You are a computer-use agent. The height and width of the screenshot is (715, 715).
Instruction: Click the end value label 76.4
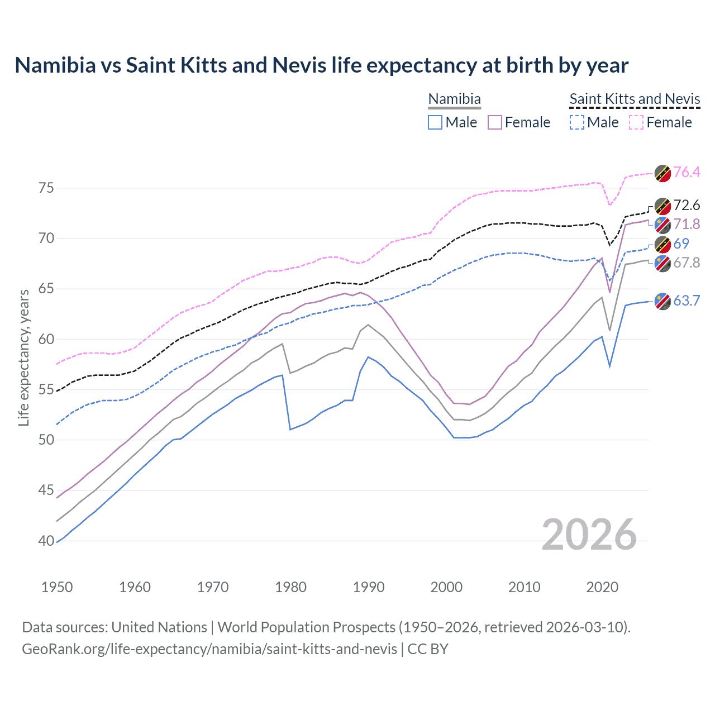coord(687,172)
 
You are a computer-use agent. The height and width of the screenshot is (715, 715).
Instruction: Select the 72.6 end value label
coord(687,205)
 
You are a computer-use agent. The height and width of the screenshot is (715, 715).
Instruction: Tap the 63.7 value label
coord(687,301)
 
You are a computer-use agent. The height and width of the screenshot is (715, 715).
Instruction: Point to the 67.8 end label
coord(687,263)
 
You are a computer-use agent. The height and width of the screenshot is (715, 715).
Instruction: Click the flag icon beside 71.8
coord(662,225)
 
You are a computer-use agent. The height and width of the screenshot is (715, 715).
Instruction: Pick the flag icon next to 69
coord(662,244)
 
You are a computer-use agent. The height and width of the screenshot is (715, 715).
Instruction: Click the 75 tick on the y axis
coord(46,188)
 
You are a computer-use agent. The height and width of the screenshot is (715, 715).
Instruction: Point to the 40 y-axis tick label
coord(46,541)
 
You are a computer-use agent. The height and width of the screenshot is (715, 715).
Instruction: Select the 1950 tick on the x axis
coord(57,587)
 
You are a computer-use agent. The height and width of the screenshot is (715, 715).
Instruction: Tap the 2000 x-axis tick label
coord(446,587)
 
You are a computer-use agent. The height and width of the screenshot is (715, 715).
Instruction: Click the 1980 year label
coord(290,587)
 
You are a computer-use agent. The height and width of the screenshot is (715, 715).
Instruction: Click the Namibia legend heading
coord(454,99)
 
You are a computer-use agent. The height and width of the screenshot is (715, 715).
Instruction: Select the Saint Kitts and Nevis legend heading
coord(635,99)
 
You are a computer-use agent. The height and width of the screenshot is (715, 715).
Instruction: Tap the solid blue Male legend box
coord(435,122)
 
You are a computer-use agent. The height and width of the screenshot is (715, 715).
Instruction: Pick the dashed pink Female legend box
coord(636,122)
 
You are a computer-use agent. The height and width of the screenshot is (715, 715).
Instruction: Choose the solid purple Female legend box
coord(495,122)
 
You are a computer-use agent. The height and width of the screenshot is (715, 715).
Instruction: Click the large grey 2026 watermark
coord(589,535)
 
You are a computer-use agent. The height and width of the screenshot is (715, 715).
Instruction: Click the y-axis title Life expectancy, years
coord(23,357)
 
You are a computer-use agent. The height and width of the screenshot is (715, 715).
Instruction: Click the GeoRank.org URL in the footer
coord(209,649)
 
